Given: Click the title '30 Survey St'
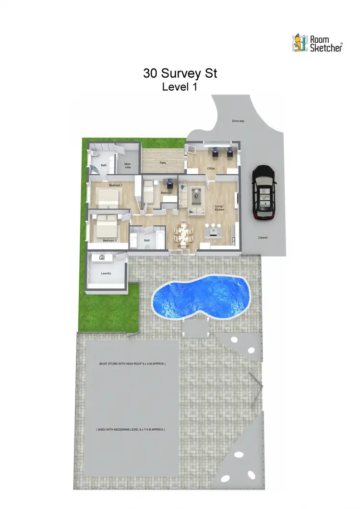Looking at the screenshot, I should [x=180, y=73].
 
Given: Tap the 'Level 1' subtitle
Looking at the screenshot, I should [x=180, y=87].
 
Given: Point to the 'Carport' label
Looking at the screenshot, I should [x=263, y=238].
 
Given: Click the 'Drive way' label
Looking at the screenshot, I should [x=238, y=121].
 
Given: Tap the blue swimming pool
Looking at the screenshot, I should [x=202, y=296].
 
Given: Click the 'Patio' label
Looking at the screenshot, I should [x=163, y=163].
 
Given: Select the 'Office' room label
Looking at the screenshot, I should [x=211, y=169].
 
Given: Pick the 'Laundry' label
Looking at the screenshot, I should [x=106, y=274].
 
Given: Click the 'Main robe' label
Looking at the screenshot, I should [x=128, y=166].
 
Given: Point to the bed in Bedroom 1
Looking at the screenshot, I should [x=108, y=197].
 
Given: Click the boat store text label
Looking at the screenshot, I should [x=132, y=364].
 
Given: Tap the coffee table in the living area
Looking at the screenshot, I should [x=197, y=195].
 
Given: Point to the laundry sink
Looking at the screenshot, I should [x=102, y=258].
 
